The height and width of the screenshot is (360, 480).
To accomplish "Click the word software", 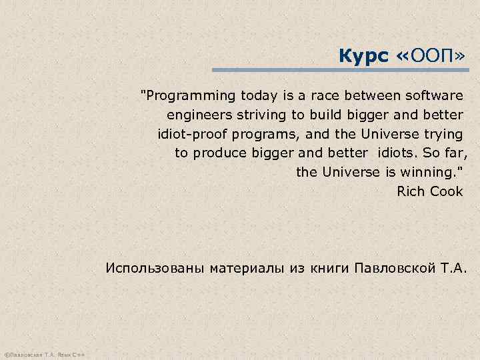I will pyautogui.click(x=433, y=95).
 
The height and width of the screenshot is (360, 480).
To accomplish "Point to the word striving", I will pyautogui.click(x=258, y=115).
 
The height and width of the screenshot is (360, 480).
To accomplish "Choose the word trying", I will pyautogui.click(x=443, y=134).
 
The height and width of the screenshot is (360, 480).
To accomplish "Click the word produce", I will pyautogui.click(x=223, y=153).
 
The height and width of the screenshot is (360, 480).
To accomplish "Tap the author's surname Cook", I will pyautogui.click(x=447, y=192).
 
